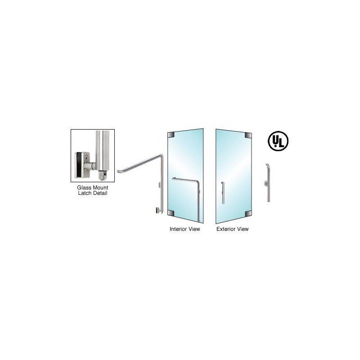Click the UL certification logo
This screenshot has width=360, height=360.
pyautogui.click(x=278, y=141)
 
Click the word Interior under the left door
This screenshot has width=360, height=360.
pyautogui.click(x=178, y=229)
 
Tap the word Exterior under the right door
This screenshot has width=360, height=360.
pyautogui.click(x=226, y=229)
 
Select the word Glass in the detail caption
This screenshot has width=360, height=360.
pyautogui.click(x=84, y=188)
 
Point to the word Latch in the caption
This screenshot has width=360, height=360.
pyautogui.click(x=85, y=193)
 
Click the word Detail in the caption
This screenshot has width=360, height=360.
pyautogui.click(x=100, y=193)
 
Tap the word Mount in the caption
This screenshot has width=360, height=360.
pyautogui.click(x=100, y=188)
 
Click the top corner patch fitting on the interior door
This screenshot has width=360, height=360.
pyautogui.click(x=171, y=135)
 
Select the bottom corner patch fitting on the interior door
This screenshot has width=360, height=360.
pyautogui.click(x=171, y=213)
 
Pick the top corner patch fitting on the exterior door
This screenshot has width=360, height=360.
pyautogui.click(x=248, y=135)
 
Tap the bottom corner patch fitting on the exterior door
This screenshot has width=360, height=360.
pyautogui.click(x=248, y=214)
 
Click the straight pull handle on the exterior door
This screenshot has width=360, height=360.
pyautogui.click(x=223, y=193)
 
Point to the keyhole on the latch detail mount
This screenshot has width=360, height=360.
pyautogui.click(x=86, y=158)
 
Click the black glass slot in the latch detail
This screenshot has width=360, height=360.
pyautogui.click(x=79, y=165)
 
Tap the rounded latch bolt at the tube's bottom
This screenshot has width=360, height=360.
pyautogui.click(x=103, y=175)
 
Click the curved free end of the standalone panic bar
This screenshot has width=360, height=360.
pyautogui.click(x=118, y=171)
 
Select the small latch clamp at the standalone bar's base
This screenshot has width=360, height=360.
pyautogui.click(x=158, y=210)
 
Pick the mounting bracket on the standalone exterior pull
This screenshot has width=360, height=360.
pyautogui.click(x=265, y=183)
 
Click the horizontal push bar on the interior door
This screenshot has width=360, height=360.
pyautogui.click(x=185, y=179)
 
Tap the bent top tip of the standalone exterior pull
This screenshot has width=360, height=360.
pyautogui.click(x=267, y=164)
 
